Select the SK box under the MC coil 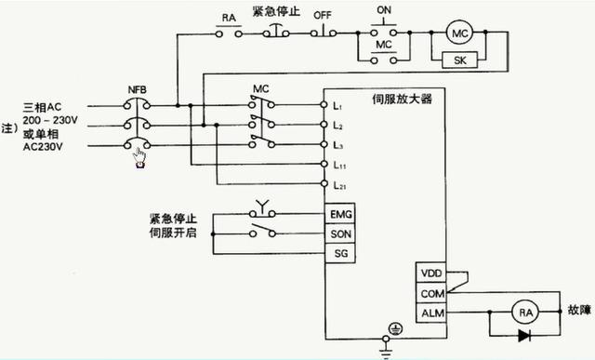[x=458, y=60]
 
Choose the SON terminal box [x=340, y=233]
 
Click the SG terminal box [x=340, y=253]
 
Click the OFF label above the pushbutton [x=323, y=14]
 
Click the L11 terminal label [x=339, y=165]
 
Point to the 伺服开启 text [x=173, y=233]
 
